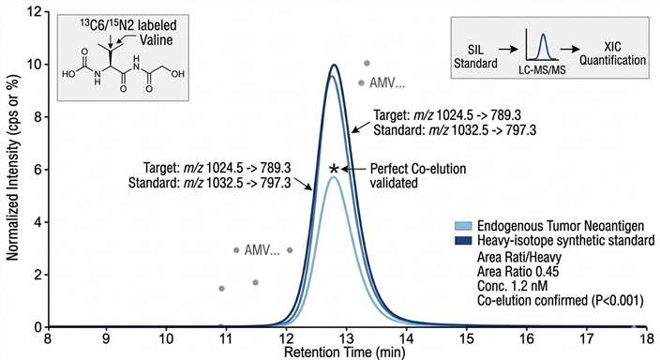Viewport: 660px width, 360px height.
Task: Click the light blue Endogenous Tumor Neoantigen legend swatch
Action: pyautogui.click(x=461, y=228)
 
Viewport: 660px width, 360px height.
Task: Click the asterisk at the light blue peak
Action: pyautogui.click(x=334, y=170)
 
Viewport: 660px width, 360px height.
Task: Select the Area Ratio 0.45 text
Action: pyautogui.click(x=512, y=272)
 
